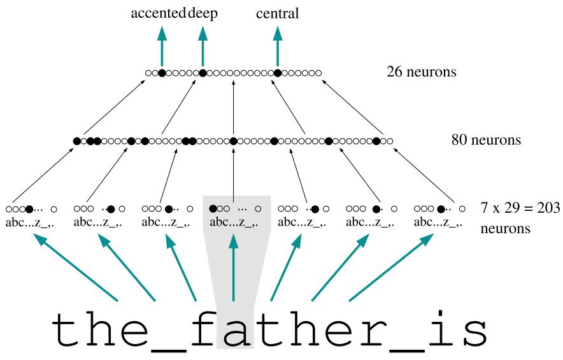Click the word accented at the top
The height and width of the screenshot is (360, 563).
click(159, 14)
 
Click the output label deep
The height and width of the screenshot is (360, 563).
click(203, 14)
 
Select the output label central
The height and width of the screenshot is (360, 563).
click(277, 14)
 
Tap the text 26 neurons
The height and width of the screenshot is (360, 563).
click(421, 71)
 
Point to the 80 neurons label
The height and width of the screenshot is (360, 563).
click(486, 139)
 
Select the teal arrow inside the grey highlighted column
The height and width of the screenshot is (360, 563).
click(234, 268)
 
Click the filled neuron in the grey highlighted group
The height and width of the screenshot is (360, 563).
click(212, 208)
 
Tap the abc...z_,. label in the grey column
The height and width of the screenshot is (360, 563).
click(235, 222)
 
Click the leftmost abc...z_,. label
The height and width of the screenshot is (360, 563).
click(31, 222)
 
